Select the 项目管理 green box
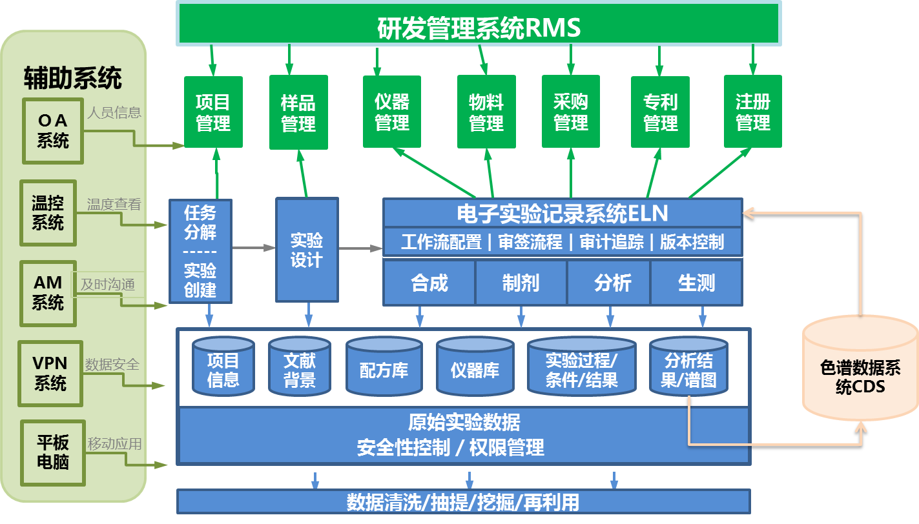point(213,112)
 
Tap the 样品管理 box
point(298,112)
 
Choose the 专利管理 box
point(660,112)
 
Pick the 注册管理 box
point(752,112)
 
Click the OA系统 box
point(53,130)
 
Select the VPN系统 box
point(50,374)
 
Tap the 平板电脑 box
point(53,452)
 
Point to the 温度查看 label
point(114,205)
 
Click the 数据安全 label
point(112,365)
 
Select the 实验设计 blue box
point(307,250)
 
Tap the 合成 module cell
point(429,283)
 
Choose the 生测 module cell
point(696,283)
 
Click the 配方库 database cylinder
point(384,368)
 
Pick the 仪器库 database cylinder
point(475,368)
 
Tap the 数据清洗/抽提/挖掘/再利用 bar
point(463,502)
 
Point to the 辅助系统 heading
point(73,78)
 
